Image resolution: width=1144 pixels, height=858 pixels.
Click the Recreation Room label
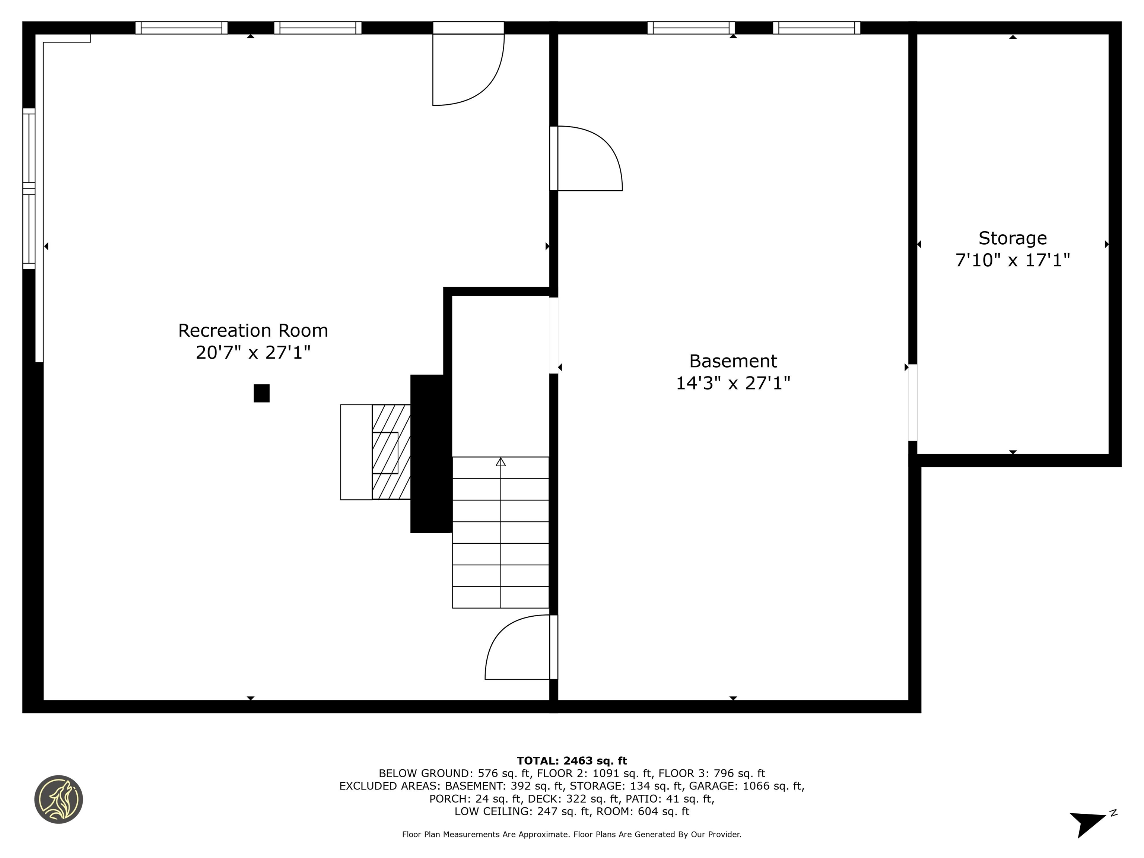[253, 330]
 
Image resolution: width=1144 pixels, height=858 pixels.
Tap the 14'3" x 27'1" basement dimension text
[733, 383]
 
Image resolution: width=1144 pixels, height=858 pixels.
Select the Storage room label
[1012, 238]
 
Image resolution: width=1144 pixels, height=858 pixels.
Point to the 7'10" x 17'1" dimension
[1012, 260]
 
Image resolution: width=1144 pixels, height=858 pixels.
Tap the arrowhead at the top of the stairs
[500, 461]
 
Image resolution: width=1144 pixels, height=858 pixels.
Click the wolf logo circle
[58, 799]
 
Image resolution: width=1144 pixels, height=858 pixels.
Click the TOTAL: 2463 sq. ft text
[572, 761]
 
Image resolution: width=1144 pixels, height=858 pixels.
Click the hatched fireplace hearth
[391, 452]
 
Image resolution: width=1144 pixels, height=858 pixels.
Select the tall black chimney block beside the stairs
[430, 454]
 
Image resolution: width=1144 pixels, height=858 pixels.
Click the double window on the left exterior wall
[29, 189]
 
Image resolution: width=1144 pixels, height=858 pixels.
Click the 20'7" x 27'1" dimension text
[253, 353]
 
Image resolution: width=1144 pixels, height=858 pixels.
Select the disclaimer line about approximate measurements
[572, 834]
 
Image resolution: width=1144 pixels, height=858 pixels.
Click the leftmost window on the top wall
[181, 28]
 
